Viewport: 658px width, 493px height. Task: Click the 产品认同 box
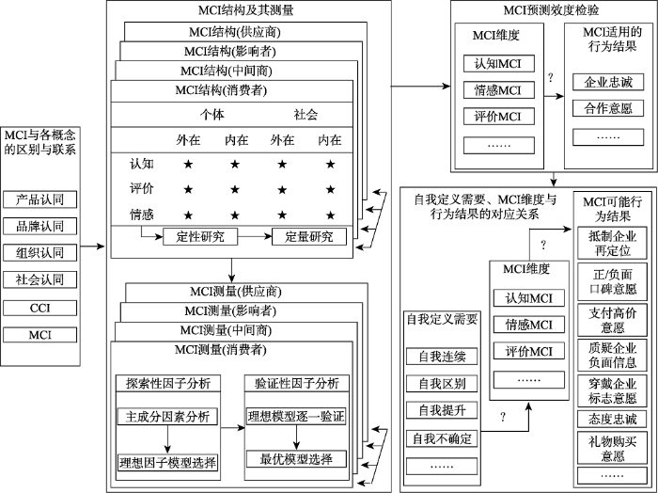(x=45, y=199)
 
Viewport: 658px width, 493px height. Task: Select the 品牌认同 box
(x=45, y=227)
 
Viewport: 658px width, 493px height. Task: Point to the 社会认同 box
(x=45, y=280)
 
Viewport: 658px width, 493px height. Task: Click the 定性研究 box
(x=199, y=236)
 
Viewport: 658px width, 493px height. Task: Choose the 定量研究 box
(x=309, y=236)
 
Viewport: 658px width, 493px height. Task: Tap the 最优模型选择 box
(x=296, y=460)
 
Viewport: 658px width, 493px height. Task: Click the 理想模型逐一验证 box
(x=296, y=415)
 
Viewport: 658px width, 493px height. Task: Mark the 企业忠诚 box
(x=608, y=82)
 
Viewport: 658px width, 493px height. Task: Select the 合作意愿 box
(x=608, y=108)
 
